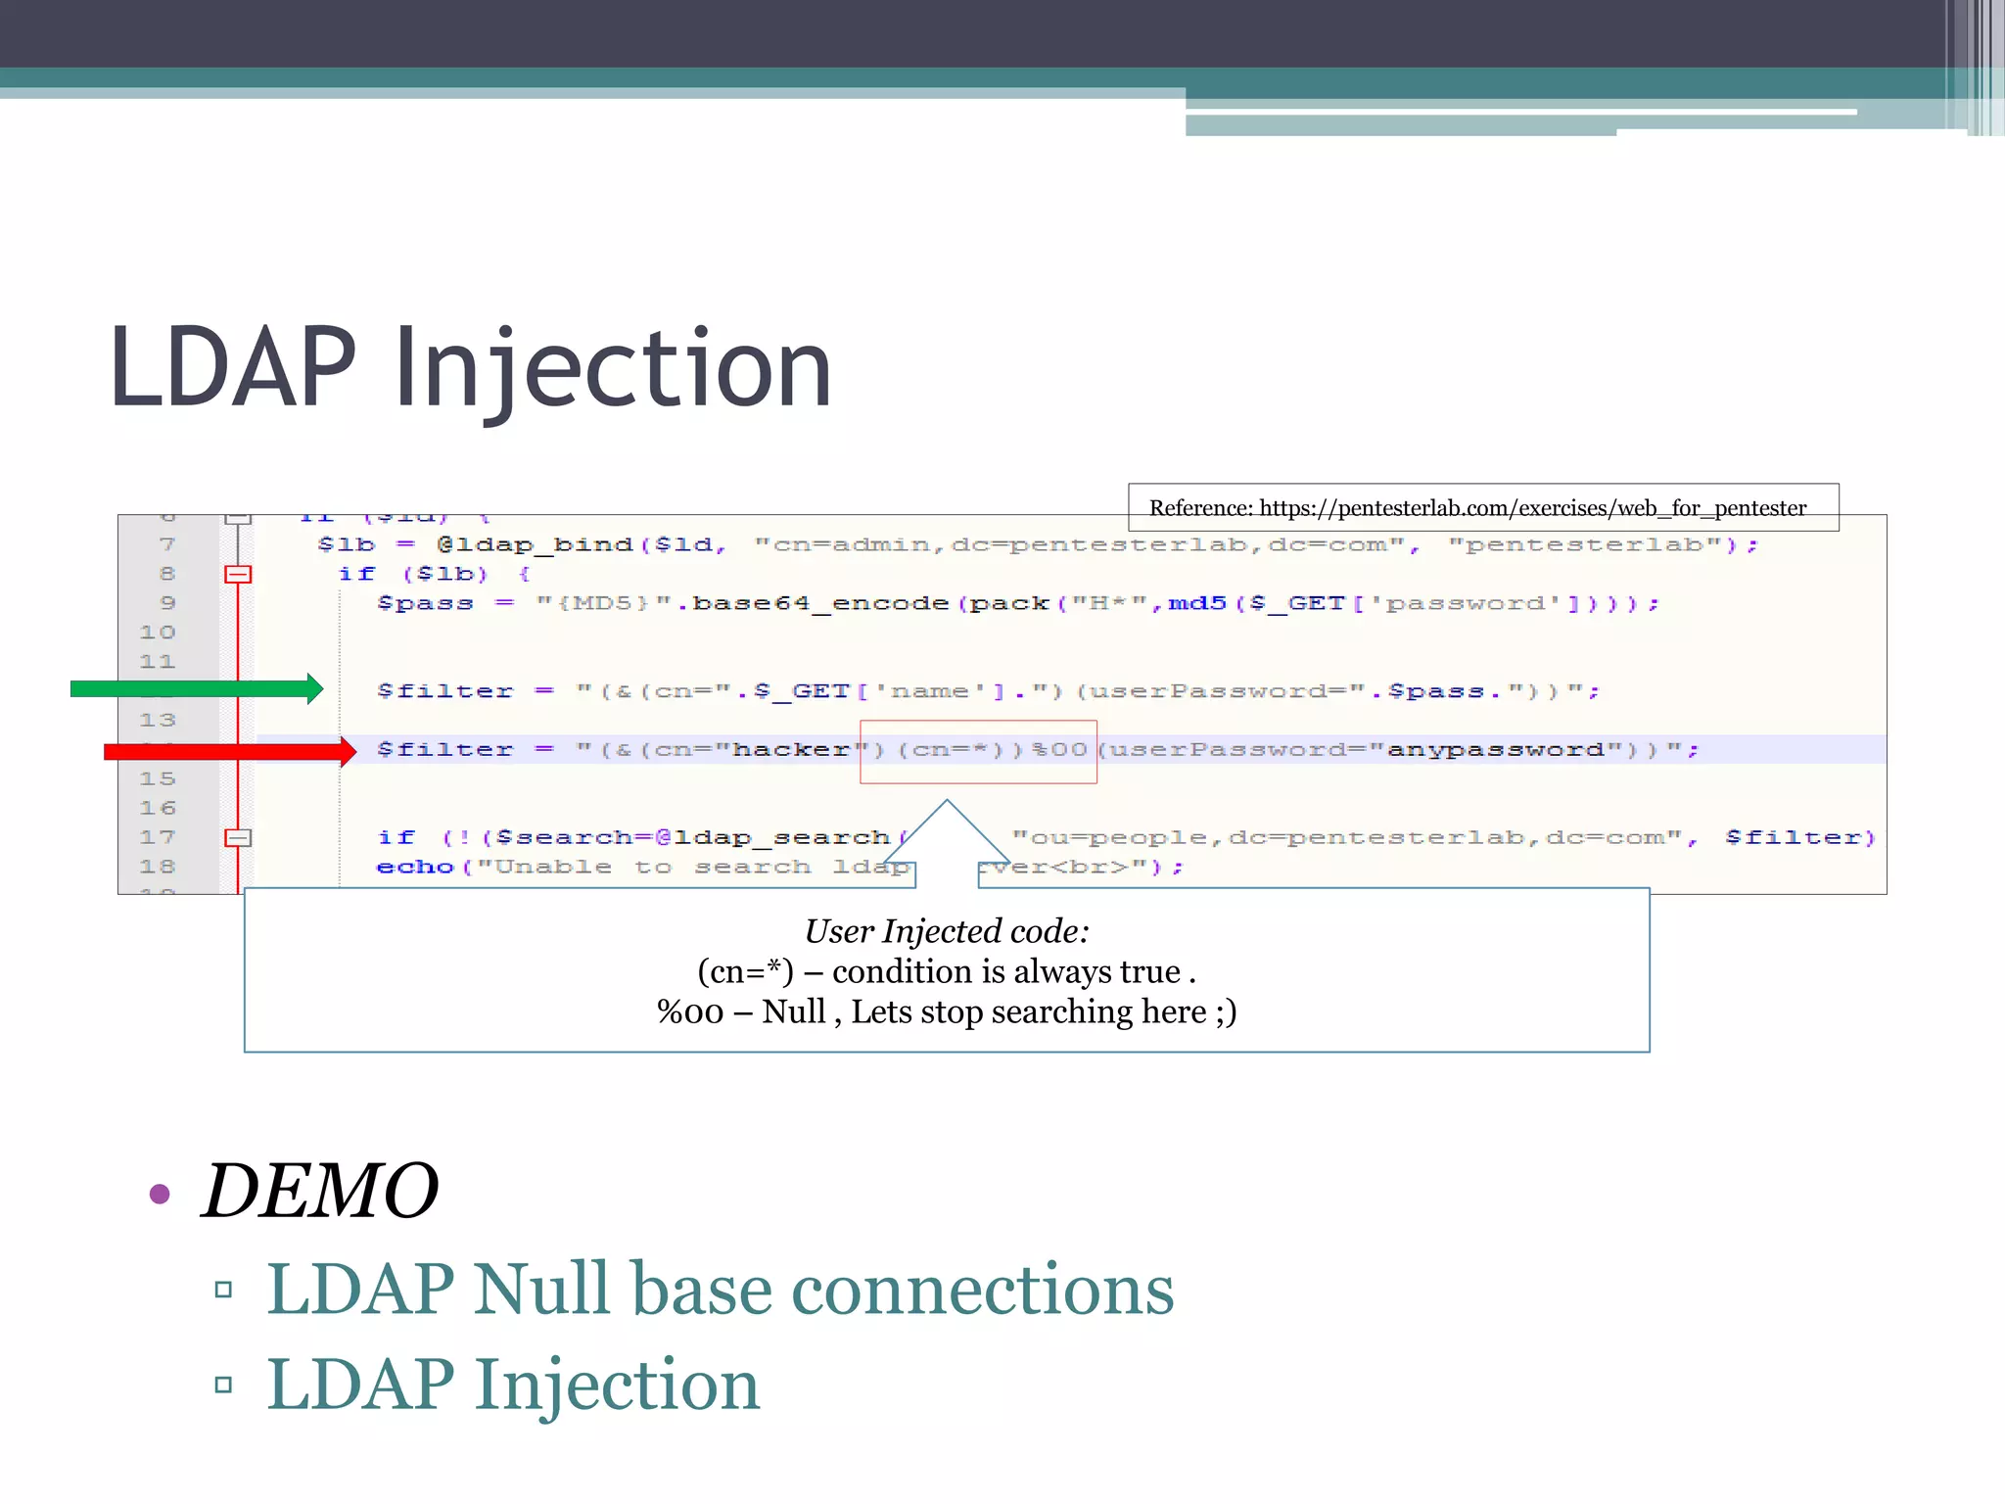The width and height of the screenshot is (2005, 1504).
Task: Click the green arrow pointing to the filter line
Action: pyautogui.click(x=196, y=689)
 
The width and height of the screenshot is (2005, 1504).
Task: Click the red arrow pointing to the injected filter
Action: pyautogui.click(x=230, y=751)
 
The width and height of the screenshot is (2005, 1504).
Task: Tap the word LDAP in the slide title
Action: pyautogui.click(x=233, y=367)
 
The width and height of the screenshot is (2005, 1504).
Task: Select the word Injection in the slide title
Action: pyautogui.click(x=613, y=369)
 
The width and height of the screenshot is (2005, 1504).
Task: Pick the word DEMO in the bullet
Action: pyautogui.click(x=320, y=1191)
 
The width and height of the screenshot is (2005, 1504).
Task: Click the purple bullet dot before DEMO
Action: pyautogui.click(x=161, y=1194)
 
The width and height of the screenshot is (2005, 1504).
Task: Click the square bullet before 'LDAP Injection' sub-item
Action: pyautogui.click(x=223, y=1385)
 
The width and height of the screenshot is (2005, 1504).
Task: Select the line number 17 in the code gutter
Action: pyautogui.click(x=157, y=837)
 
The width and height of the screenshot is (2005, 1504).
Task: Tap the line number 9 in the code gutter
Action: pyautogui.click(x=167, y=603)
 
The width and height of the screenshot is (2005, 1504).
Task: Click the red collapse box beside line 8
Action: pyautogui.click(x=238, y=574)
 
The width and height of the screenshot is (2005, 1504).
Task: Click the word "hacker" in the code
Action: pyautogui.click(x=792, y=750)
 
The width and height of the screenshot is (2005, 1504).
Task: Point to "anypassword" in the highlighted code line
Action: pyautogui.click(x=1495, y=750)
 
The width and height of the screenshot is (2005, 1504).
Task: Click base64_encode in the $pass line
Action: pyautogui.click(x=820, y=603)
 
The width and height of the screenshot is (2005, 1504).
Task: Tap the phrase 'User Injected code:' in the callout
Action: pyautogui.click(x=947, y=931)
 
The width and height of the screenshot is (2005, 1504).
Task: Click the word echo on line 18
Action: pyautogui.click(x=415, y=868)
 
